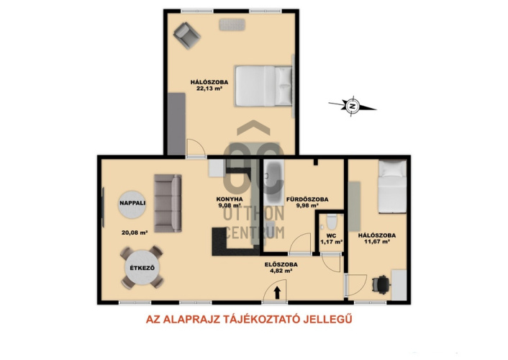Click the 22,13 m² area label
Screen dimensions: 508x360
click(x=209, y=89)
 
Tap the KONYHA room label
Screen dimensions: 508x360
click(x=230, y=199)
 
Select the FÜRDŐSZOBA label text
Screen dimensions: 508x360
click(x=307, y=199)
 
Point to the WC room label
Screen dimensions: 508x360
click(x=332, y=235)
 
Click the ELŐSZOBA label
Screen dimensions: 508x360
click(x=281, y=265)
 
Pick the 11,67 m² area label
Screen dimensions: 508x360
click(x=376, y=241)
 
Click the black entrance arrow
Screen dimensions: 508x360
click(x=277, y=292)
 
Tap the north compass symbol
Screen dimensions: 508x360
click(x=353, y=106)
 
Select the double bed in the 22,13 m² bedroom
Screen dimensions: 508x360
click(x=263, y=86)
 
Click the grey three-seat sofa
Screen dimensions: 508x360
click(x=168, y=203)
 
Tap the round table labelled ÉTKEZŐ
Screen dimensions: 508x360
click(x=142, y=268)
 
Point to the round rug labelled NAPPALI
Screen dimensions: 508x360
click(x=132, y=204)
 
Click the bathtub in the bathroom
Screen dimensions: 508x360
click(x=273, y=182)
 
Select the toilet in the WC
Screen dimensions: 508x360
click(x=332, y=222)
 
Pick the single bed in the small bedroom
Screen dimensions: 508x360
click(x=392, y=186)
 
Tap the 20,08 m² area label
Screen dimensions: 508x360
click(x=135, y=233)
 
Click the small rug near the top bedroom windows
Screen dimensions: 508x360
click(x=232, y=24)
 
